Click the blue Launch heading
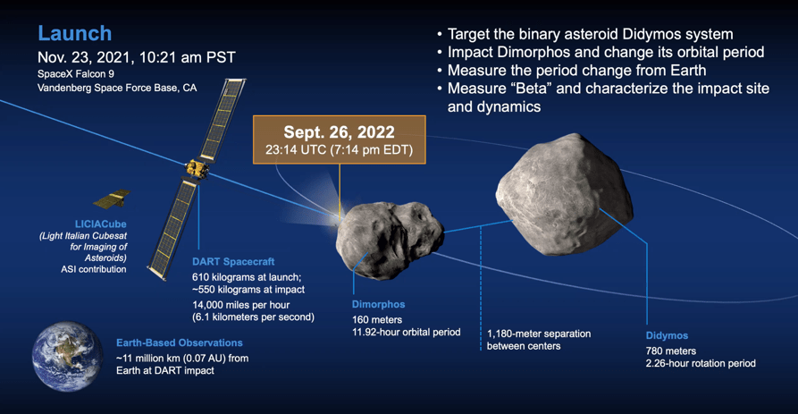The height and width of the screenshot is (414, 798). [x=75, y=34]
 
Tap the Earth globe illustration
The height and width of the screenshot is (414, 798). [x=67, y=356]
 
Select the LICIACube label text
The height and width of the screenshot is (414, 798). [x=101, y=224]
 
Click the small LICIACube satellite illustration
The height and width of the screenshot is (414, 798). [x=112, y=199]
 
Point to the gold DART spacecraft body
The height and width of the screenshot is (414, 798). [x=197, y=169]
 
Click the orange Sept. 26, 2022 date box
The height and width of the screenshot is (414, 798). [x=340, y=139]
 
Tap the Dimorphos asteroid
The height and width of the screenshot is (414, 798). [x=390, y=239]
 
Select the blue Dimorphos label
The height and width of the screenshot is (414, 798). [x=379, y=305]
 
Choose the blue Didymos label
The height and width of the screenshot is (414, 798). [x=667, y=335]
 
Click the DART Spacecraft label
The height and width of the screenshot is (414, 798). [x=233, y=262]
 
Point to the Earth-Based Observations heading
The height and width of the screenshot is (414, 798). [x=179, y=342]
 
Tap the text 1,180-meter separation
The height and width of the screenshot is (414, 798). [x=539, y=334]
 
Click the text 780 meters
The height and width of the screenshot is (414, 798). [x=671, y=351]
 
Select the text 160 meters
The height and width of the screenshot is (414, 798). [x=377, y=320]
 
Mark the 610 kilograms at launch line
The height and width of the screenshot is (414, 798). [x=247, y=277]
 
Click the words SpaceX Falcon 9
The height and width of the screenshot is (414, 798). [x=76, y=74]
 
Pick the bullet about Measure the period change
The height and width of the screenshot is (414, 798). [x=572, y=71]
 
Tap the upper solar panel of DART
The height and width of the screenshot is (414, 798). [x=223, y=120]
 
